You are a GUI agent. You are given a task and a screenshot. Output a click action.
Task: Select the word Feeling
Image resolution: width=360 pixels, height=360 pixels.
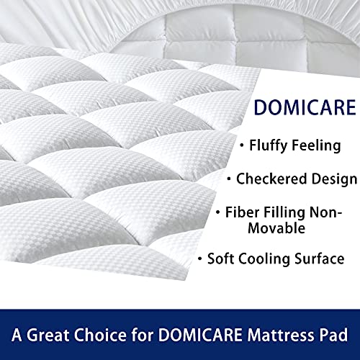pos(320,145)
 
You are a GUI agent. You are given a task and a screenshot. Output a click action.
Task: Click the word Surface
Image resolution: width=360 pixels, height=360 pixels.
pos(325,258)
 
